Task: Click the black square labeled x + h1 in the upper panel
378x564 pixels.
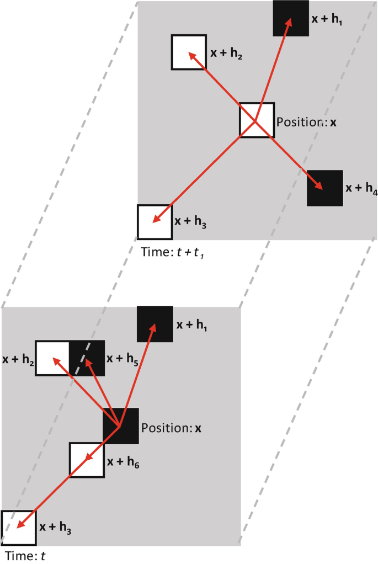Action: pos(291,18)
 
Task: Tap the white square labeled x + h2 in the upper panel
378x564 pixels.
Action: pos(189,52)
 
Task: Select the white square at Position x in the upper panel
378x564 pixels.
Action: pos(257,120)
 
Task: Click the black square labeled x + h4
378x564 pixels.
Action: pos(325,188)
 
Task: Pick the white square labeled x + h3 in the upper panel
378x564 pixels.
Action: pos(155,222)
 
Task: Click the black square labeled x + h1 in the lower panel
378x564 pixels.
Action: pos(155,323)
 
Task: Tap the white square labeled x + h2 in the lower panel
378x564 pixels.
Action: pos(53,358)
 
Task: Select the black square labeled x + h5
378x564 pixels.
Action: pos(87,358)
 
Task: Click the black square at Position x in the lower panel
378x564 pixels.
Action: pos(120,425)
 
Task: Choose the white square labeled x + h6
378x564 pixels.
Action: pos(87,460)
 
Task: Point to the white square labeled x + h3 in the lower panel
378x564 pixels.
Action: pos(18,528)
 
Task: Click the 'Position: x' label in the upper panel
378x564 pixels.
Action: pos(306,122)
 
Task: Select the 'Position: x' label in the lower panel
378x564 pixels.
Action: pos(171,428)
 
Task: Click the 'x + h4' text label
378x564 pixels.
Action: pos(361,188)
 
